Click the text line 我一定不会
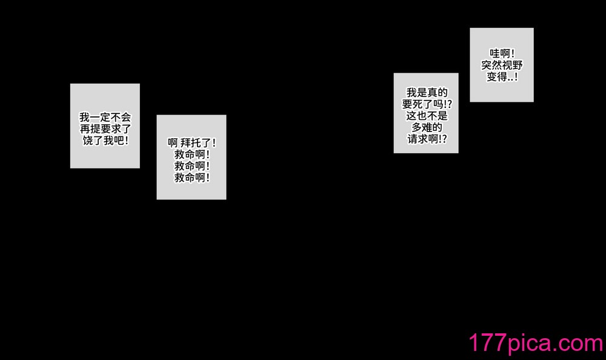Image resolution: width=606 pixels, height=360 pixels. (x=105, y=117)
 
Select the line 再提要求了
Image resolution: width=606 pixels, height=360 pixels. (x=105, y=128)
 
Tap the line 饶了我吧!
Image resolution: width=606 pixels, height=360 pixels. (x=105, y=141)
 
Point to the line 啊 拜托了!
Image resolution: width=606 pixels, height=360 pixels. (x=191, y=142)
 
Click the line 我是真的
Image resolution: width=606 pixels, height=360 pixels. (x=427, y=92)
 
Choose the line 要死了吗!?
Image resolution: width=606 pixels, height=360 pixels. (x=427, y=104)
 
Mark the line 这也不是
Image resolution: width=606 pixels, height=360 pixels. (x=427, y=116)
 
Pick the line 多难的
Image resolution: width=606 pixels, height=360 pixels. (x=427, y=127)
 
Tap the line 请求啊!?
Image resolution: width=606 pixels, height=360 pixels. (x=427, y=139)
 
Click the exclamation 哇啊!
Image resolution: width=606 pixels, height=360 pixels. (x=502, y=53)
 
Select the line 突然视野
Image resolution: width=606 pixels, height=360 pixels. (x=502, y=65)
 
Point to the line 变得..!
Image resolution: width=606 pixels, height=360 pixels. (x=502, y=76)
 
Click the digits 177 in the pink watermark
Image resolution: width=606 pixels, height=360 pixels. (x=488, y=342)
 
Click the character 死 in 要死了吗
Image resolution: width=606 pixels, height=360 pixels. (x=418, y=104)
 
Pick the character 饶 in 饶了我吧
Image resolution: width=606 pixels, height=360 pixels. (x=88, y=141)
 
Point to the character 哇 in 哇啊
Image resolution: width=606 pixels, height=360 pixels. (x=494, y=53)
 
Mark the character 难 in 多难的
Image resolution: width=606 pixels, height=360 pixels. (x=427, y=127)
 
